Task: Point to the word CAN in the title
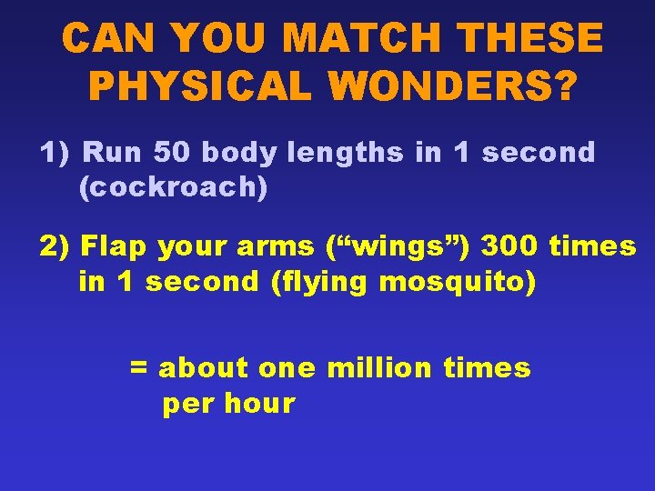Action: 108,39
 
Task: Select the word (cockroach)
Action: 173,187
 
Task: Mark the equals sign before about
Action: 138,368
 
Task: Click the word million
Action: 378,368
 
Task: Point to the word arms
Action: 285,246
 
